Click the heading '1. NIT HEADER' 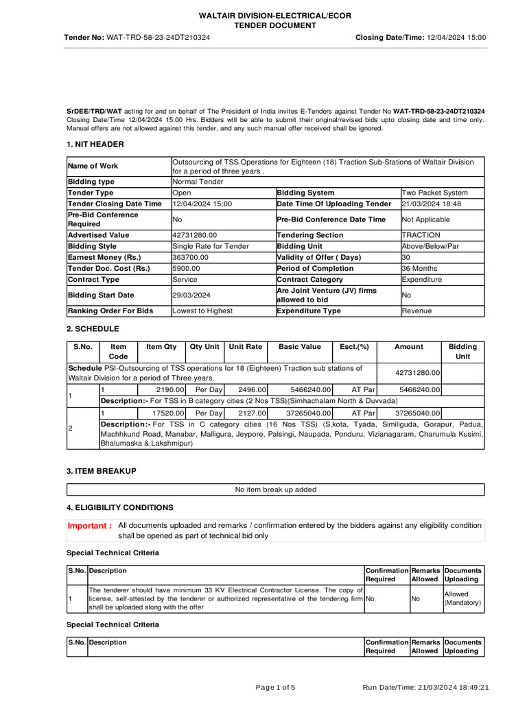click(95, 144)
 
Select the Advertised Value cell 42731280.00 click(194, 235)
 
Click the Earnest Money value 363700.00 click(191, 257)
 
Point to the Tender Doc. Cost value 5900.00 click(187, 268)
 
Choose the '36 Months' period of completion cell click(419, 268)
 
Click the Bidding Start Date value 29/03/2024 click(192, 295)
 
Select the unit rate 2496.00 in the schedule click(246, 389)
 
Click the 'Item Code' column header click(118, 352)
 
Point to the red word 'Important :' click(89, 526)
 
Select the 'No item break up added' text click(275, 489)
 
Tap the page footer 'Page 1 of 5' click(275, 687)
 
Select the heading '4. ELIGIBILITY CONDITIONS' click(119, 507)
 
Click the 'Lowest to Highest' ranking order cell click(202, 311)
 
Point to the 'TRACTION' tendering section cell click(421, 235)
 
